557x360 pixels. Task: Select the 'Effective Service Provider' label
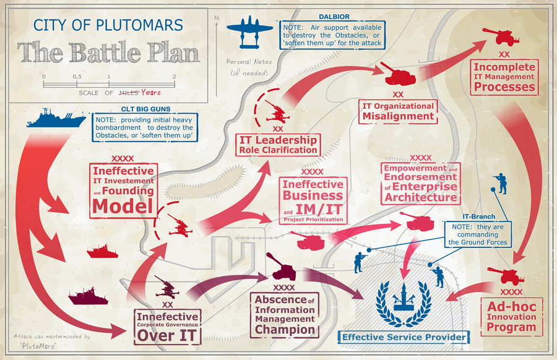[x=404, y=337]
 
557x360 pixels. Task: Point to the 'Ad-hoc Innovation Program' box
[x=511, y=317]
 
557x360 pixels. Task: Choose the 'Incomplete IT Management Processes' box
[x=504, y=77]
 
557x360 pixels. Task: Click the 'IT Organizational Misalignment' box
[x=399, y=111]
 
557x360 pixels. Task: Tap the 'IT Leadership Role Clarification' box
[x=278, y=145]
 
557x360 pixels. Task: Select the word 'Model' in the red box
[x=123, y=207]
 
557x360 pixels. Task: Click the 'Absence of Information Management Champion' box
[x=285, y=315]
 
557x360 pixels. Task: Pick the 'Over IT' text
[x=168, y=335]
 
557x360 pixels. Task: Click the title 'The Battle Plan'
[x=109, y=53]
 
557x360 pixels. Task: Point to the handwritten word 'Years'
[x=150, y=93]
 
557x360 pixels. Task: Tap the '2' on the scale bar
[x=174, y=76]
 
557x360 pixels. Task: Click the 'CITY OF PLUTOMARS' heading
[x=108, y=25]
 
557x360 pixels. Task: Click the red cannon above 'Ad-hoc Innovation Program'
[x=506, y=275]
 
